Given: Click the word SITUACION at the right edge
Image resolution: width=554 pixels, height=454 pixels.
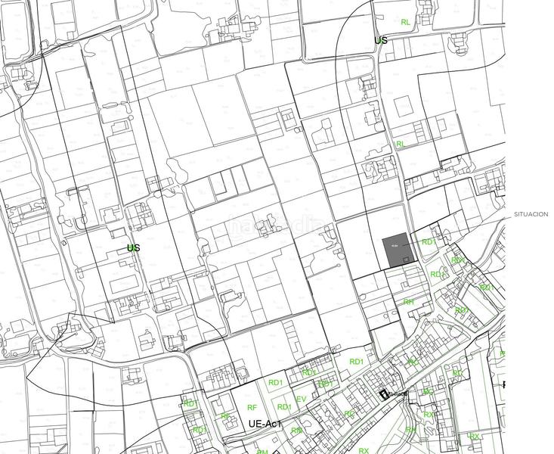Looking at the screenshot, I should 531,215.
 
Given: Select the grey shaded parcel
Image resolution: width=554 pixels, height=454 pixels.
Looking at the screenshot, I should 397,250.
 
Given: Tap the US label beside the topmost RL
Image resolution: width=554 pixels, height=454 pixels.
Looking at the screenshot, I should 380,40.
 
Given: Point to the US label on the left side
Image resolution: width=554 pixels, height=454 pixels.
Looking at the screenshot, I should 133,247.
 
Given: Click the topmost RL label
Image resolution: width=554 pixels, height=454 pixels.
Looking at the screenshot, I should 406,23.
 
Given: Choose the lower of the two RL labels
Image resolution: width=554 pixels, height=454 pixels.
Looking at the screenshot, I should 401,144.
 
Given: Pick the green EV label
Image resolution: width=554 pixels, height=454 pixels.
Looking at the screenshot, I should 301,399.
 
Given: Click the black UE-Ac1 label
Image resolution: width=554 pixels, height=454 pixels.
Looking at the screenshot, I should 265,424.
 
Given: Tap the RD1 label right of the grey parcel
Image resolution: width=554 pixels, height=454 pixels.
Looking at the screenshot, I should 429,242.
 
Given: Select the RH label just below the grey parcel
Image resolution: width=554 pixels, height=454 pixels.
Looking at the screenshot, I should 408,302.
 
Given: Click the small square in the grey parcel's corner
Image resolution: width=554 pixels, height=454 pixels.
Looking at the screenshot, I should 407,260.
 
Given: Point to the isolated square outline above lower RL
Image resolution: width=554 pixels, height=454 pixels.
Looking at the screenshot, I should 401,105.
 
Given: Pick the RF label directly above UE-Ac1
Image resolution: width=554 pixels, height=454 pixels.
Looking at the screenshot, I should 252,407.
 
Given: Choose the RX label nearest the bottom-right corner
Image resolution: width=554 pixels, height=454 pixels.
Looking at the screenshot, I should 474,437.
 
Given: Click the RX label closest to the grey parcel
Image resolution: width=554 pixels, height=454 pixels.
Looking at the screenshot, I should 457,260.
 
